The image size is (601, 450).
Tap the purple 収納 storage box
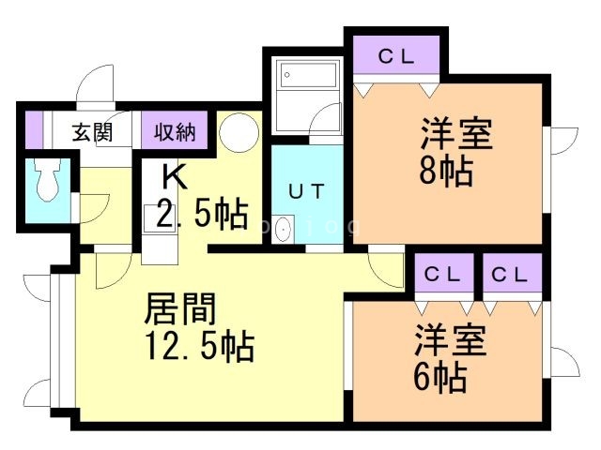175,132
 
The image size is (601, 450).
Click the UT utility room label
306,192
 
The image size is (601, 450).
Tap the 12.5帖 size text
200,347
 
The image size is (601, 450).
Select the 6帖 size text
439,377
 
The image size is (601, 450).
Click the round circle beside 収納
239,132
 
